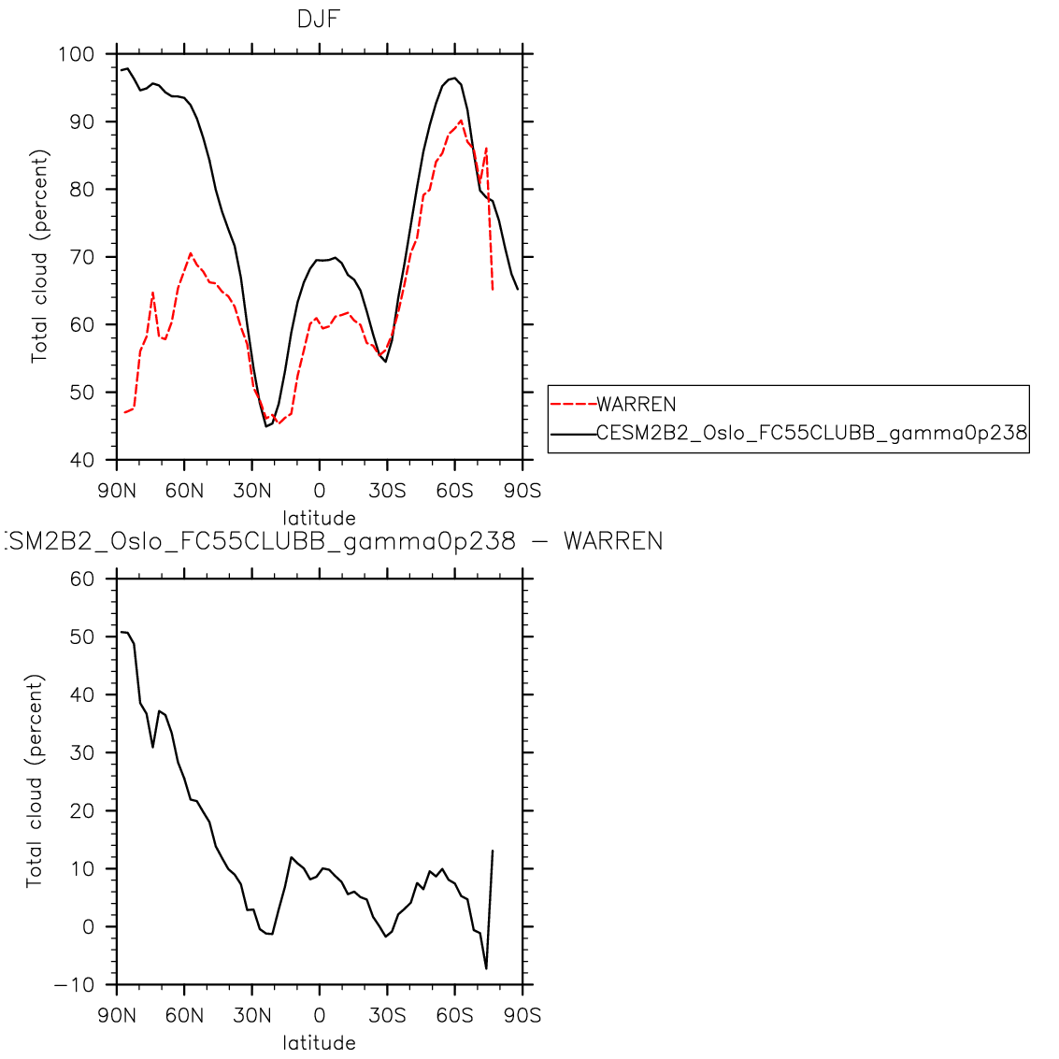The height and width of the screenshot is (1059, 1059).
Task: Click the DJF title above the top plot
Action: click(318, 19)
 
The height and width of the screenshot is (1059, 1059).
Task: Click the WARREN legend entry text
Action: click(636, 405)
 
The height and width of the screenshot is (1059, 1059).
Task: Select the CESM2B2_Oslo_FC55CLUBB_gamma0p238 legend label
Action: click(811, 433)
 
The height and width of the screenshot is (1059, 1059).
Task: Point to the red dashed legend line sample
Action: click(573, 405)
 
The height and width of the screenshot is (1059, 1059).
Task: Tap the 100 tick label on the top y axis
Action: click(76, 54)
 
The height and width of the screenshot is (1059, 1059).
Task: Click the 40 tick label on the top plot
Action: click(81, 460)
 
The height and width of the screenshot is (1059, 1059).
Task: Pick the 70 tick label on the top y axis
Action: click(81, 257)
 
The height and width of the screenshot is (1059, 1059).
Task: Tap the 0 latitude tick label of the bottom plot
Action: click(320, 1016)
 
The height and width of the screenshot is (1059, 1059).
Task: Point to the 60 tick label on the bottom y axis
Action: click(81, 579)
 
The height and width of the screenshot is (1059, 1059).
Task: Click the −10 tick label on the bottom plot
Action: click(75, 985)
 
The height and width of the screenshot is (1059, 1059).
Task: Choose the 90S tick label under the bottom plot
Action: click(522, 1016)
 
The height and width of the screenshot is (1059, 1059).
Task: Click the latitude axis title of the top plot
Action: click(320, 518)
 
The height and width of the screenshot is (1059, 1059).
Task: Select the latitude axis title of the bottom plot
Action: click(320, 1043)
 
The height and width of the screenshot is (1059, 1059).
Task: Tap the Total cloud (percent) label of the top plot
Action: click(39, 256)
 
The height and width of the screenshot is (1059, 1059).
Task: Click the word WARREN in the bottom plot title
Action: click(613, 541)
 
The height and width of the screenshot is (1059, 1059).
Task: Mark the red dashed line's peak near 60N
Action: click(191, 253)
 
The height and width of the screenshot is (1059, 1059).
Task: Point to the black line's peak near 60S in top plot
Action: click(453, 79)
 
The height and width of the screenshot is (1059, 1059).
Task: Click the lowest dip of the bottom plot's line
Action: click(486, 968)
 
